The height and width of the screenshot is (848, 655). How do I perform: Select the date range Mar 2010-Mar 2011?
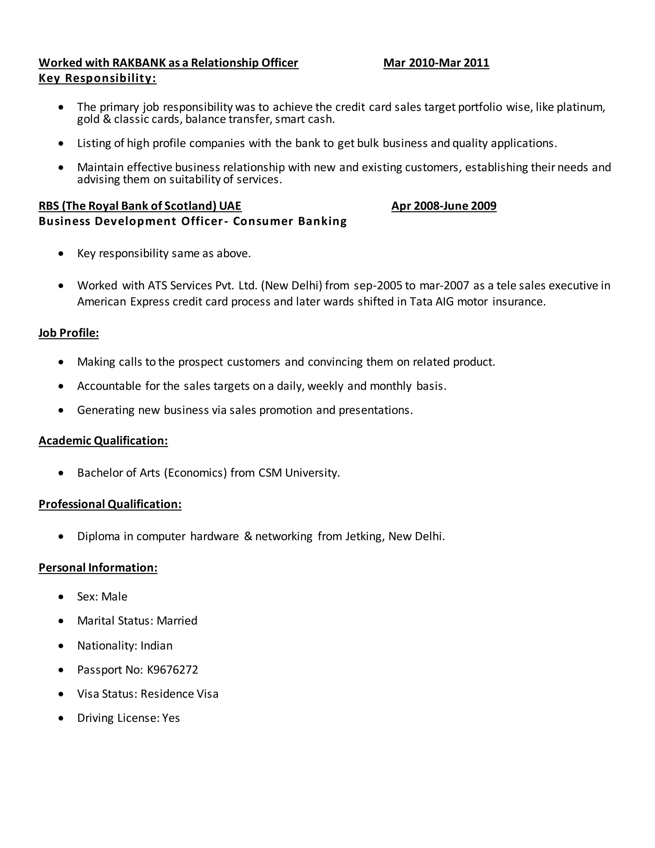click(436, 63)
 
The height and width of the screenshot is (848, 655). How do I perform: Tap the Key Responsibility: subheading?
click(98, 78)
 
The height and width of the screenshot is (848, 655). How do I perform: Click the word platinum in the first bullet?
click(580, 107)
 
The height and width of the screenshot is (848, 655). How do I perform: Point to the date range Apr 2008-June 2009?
click(444, 206)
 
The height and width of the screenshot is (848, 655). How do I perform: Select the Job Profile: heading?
click(69, 333)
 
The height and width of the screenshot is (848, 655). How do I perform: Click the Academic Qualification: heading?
click(103, 441)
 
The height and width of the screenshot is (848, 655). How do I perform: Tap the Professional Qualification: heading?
click(110, 504)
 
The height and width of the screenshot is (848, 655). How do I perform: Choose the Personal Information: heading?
click(98, 568)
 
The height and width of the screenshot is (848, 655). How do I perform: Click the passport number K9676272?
click(172, 670)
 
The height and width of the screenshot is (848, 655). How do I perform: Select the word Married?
click(177, 621)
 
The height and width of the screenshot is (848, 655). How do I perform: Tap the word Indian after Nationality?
click(156, 646)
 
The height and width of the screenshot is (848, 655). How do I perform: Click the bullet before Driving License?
click(61, 718)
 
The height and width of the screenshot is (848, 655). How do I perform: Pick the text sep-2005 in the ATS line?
click(378, 286)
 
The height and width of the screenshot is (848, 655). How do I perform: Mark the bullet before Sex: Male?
click(61, 597)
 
